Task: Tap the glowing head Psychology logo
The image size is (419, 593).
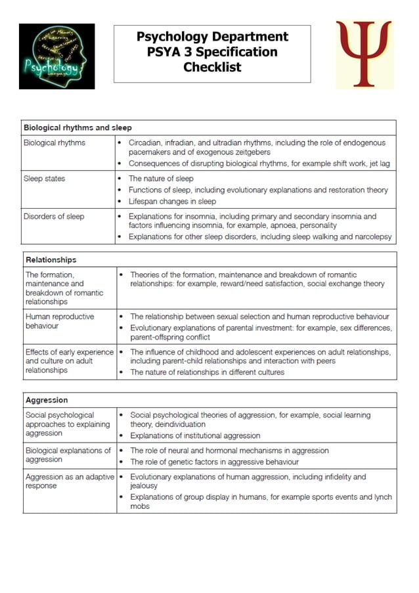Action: (56, 56)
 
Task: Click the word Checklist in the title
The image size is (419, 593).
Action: (212, 67)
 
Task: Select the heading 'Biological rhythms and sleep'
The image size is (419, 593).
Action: (77, 127)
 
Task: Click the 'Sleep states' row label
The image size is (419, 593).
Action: (44, 179)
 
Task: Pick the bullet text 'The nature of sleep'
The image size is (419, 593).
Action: (161, 179)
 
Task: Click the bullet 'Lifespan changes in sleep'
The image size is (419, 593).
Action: (172, 202)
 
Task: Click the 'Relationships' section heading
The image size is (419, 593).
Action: (51, 260)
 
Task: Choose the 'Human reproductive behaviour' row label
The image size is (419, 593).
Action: (60, 321)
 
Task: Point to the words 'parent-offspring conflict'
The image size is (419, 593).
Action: (170, 338)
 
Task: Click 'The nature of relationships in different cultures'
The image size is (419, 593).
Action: (207, 372)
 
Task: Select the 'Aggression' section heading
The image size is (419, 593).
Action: (47, 400)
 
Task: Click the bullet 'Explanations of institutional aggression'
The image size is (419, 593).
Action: (195, 435)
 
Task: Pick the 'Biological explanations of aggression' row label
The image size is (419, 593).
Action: (68, 455)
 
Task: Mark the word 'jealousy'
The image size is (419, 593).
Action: (144, 486)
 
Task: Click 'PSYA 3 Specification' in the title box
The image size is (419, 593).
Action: (212, 52)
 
